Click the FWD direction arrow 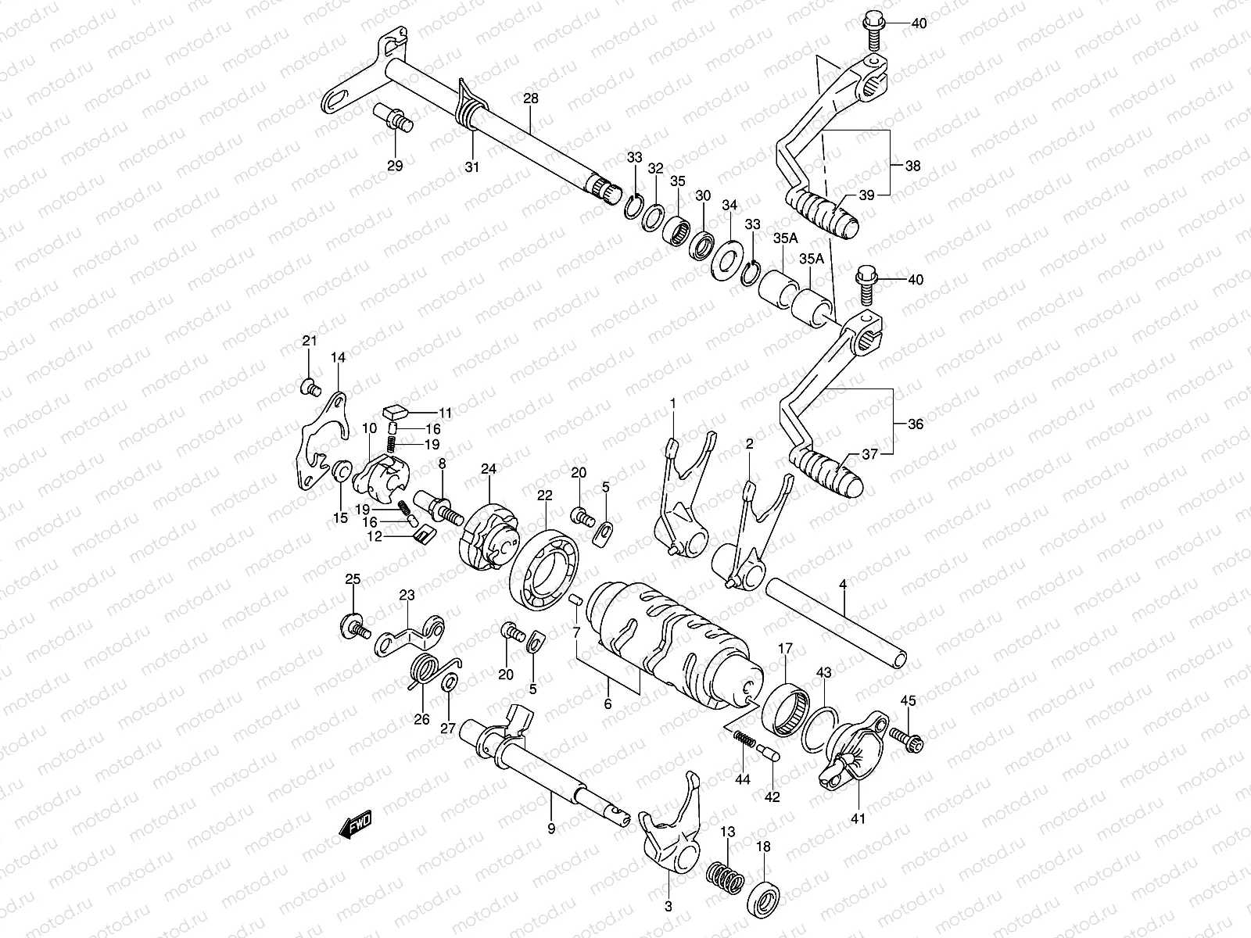tap(356, 825)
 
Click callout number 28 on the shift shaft tap(531, 99)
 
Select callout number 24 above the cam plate tap(489, 470)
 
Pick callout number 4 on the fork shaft tap(843, 585)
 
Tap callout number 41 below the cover tap(858, 819)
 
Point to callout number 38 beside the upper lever tap(912, 166)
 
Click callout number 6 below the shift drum tap(608, 703)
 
